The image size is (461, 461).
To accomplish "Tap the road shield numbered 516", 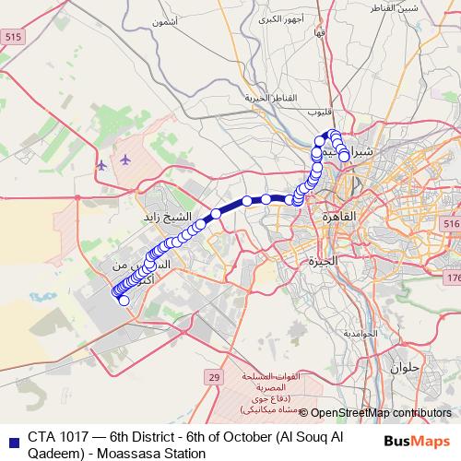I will [450, 225].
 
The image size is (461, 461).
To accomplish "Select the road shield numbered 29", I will [214, 377].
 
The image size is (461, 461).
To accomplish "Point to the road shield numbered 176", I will [454, 278].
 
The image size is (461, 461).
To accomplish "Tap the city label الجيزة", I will [324, 261].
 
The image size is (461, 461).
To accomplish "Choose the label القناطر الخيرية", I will [268, 97].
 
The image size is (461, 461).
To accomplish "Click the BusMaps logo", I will [418, 440].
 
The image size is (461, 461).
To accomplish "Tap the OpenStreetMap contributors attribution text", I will [381, 413].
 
